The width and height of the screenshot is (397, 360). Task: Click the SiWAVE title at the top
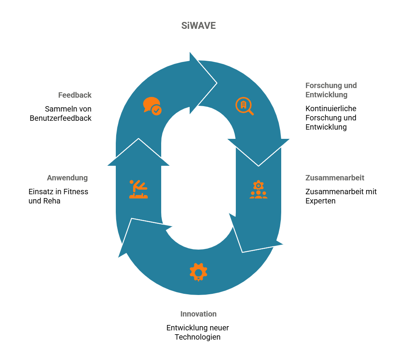tap(198, 26)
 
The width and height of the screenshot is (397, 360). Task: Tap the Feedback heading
tap(75, 95)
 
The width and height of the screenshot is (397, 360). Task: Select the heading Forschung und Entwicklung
tap(331, 90)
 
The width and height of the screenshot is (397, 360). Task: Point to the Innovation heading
tap(198, 314)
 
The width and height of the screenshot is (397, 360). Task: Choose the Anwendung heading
tap(67, 178)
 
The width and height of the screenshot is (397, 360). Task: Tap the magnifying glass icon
tap(244, 107)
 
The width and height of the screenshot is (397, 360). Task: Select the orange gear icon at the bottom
tap(198, 272)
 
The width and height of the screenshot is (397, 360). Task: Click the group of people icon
tap(258, 190)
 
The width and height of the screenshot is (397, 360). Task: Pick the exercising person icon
tap(138, 189)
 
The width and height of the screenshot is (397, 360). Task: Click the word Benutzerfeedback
tap(61, 118)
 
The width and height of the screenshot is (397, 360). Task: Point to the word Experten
tap(320, 201)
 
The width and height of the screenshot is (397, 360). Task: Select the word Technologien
tap(198, 337)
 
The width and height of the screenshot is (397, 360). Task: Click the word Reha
tap(52, 201)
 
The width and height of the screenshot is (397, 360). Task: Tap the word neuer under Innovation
tap(219, 328)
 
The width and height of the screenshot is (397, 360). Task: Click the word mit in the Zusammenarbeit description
tap(371, 192)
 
